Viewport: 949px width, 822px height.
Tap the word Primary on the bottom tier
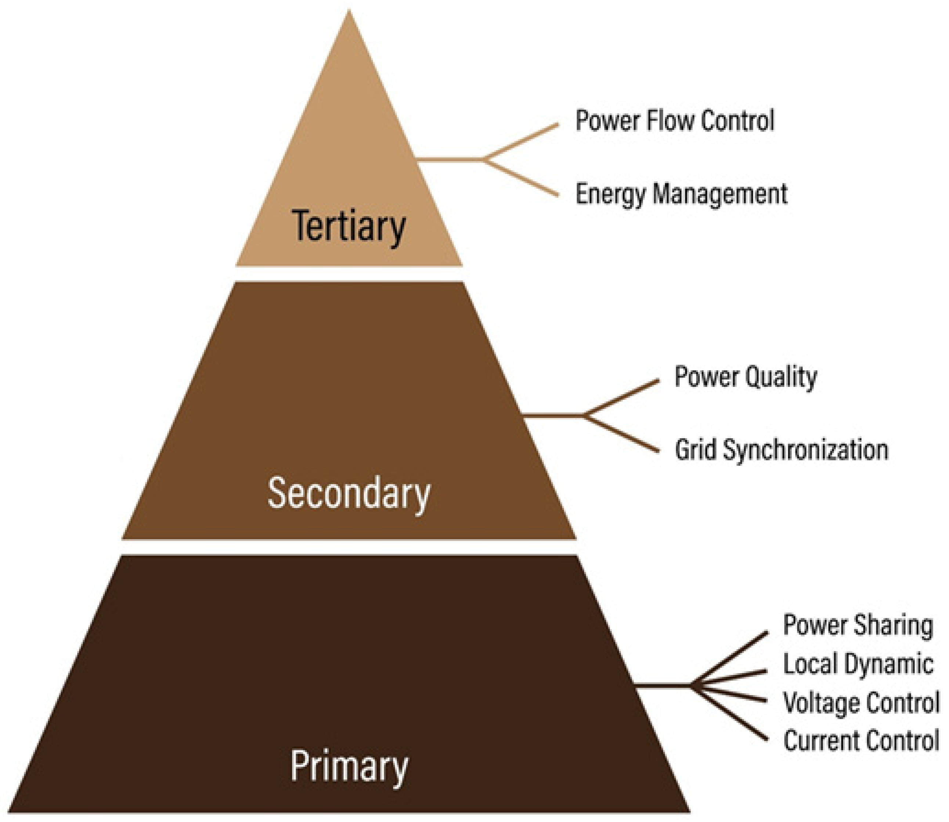(x=349, y=766)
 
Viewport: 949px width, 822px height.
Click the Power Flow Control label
(x=675, y=120)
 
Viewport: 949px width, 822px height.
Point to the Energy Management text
(x=681, y=194)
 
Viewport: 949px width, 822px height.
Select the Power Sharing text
(x=858, y=625)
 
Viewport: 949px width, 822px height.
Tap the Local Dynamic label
(x=858, y=664)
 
